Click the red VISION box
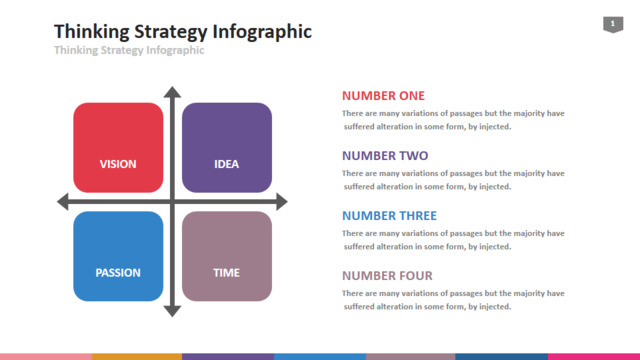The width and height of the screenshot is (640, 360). coord(118,147)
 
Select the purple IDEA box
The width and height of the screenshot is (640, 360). coord(227,147)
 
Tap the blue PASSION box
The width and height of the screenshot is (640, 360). coord(118,256)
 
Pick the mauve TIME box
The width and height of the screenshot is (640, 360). coord(227,256)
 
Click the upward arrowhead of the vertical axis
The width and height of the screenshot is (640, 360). coord(172,91)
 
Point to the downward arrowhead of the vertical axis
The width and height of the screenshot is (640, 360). coord(172,311)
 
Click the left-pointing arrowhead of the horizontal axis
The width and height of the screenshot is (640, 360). coord(62,202)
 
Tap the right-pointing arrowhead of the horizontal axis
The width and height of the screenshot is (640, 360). coord(282,202)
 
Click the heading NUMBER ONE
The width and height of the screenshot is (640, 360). coord(383,96)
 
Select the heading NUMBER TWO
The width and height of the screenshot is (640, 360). coord(385,156)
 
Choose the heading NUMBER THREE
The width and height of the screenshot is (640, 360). coord(389,216)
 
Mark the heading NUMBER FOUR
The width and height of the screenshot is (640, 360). coord(387,276)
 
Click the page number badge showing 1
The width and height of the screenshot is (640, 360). coord(613,24)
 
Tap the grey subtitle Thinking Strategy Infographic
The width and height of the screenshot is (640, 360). coord(129,50)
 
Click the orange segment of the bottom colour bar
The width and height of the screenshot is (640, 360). coord(137,357)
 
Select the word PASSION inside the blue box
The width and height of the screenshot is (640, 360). coord(118,273)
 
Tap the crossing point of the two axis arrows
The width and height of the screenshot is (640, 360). coord(172,202)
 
